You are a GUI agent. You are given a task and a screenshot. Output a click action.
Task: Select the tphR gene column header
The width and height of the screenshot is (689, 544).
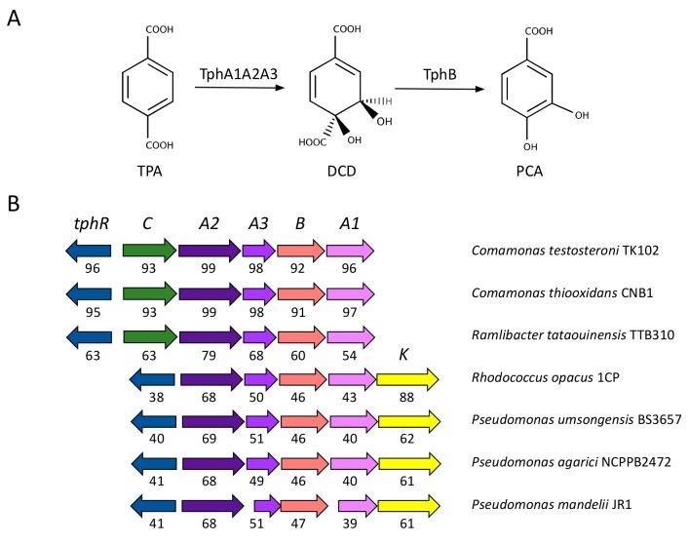point(90,223)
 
